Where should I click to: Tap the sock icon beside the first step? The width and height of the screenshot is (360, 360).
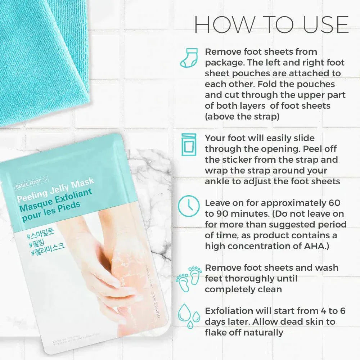click(x=188, y=58)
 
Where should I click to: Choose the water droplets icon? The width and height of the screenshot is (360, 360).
click(x=189, y=317)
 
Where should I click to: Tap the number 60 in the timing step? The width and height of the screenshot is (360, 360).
click(x=334, y=203)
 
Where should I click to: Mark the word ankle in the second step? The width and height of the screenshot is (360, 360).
click(x=219, y=181)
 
